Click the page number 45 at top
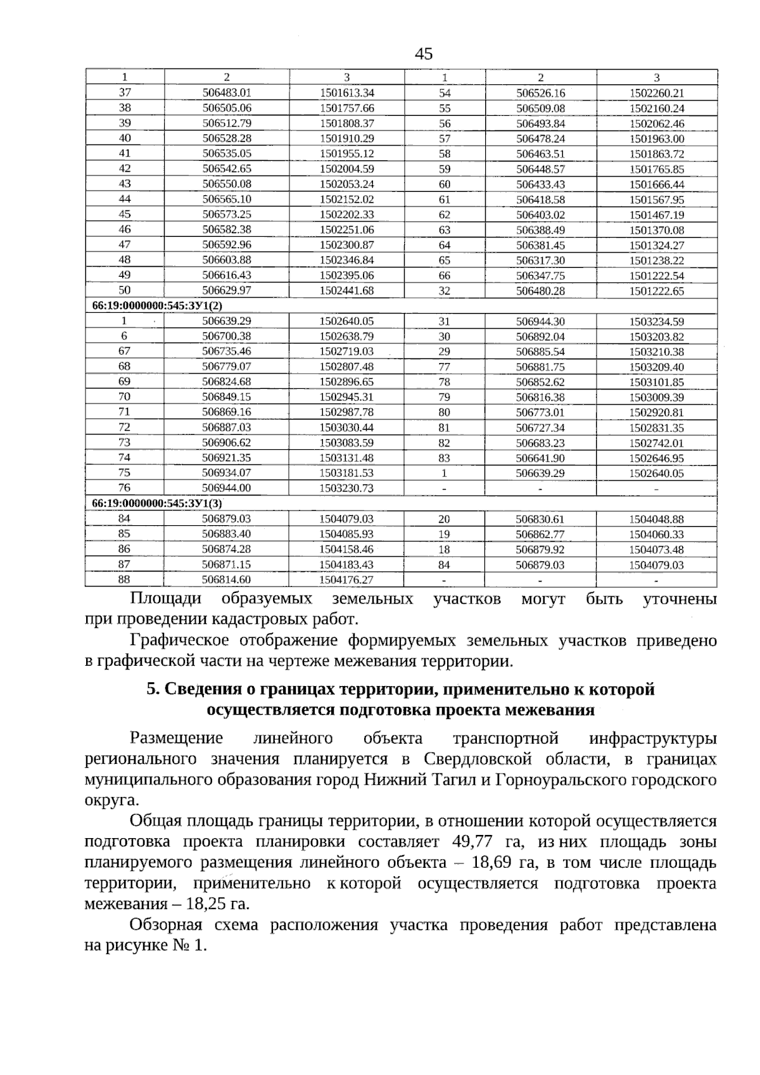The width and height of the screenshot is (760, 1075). (424, 54)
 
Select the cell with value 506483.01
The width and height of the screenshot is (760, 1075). (227, 92)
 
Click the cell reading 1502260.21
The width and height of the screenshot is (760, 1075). (657, 93)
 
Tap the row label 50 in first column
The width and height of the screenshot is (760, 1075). (125, 290)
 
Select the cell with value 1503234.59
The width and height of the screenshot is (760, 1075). (657, 322)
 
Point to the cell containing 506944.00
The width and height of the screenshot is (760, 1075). (226, 488)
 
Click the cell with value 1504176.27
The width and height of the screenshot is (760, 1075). (346, 580)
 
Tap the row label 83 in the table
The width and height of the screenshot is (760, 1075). (444, 458)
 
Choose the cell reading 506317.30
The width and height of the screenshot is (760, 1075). (540, 260)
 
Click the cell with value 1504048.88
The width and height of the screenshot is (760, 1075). (656, 519)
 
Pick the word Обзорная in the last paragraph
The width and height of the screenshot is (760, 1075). (166, 926)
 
